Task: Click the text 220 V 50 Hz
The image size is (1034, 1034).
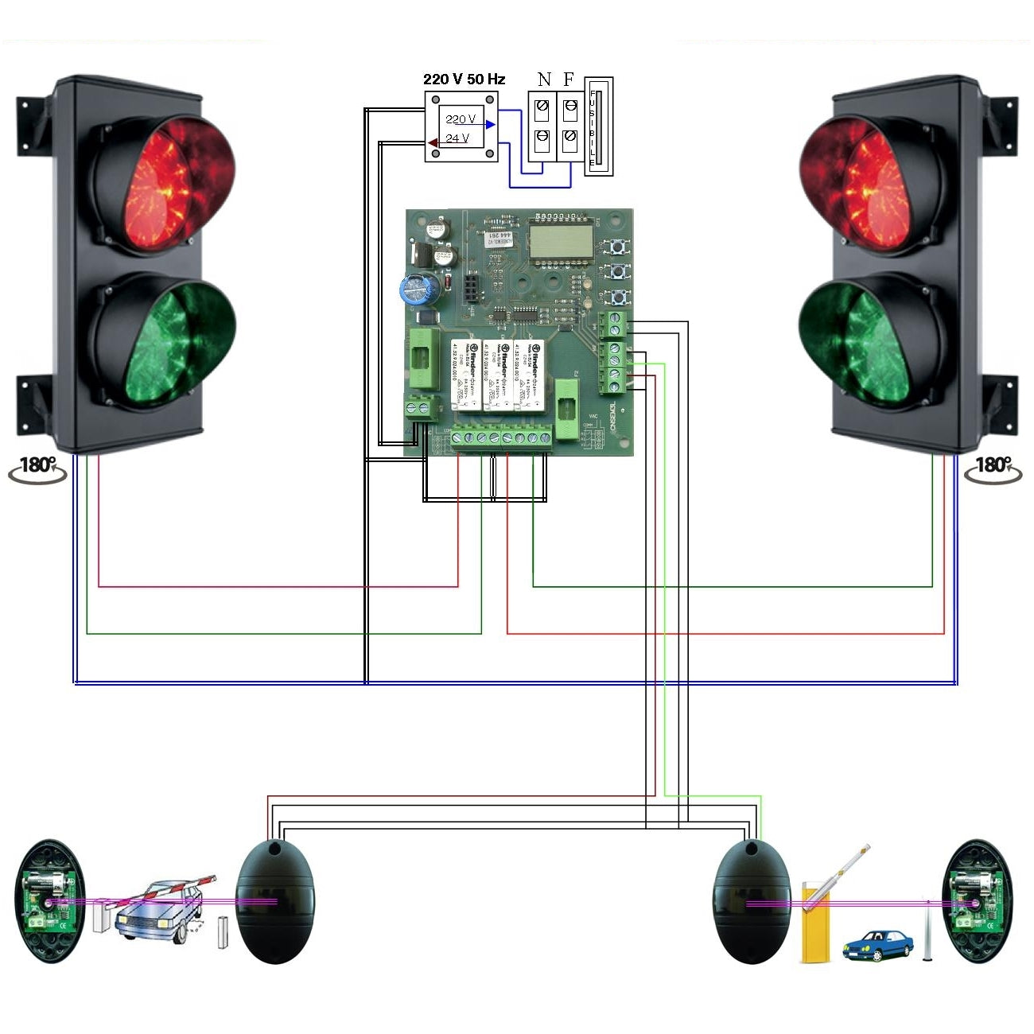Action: [464, 80]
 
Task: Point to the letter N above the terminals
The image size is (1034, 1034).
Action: [544, 80]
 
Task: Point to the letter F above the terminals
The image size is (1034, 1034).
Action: [569, 80]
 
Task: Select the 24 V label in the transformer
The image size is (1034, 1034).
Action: [457, 138]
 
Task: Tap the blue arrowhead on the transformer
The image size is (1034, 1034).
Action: [491, 124]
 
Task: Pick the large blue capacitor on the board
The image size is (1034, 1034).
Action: [417, 289]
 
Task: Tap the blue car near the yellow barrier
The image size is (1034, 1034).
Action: [877, 944]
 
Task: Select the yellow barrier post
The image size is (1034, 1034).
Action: [813, 923]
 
